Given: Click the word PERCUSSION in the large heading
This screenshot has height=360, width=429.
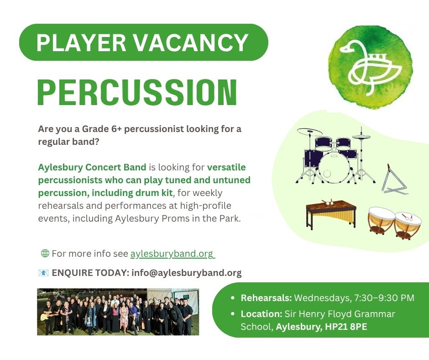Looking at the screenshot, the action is [x=137, y=92].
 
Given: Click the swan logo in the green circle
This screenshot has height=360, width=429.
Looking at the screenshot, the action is [x=371, y=68].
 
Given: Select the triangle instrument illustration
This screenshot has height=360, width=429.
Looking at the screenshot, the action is [x=394, y=179].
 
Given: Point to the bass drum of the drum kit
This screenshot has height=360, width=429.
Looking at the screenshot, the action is [x=334, y=167].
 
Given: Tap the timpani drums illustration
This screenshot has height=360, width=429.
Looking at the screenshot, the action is [x=394, y=223].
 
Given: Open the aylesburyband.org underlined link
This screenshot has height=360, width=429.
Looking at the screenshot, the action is [x=172, y=254].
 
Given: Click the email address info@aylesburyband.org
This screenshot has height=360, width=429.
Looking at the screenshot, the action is [x=187, y=273].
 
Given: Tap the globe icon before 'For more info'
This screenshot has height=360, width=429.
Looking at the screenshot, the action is [x=45, y=253].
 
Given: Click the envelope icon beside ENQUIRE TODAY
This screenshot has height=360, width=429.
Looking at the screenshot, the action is [x=43, y=273].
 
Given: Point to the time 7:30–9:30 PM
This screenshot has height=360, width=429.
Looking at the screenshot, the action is [x=384, y=298].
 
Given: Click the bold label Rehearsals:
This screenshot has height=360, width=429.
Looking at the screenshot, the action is [x=266, y=298].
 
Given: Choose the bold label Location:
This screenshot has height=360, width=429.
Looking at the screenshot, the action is [x=262, y=314].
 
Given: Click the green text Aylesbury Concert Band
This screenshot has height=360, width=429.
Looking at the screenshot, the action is [x=92, y=167].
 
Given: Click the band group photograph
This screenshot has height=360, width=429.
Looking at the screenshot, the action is [x=118, y=312].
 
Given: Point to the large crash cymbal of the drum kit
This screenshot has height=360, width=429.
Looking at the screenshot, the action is [x=310, y=132].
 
